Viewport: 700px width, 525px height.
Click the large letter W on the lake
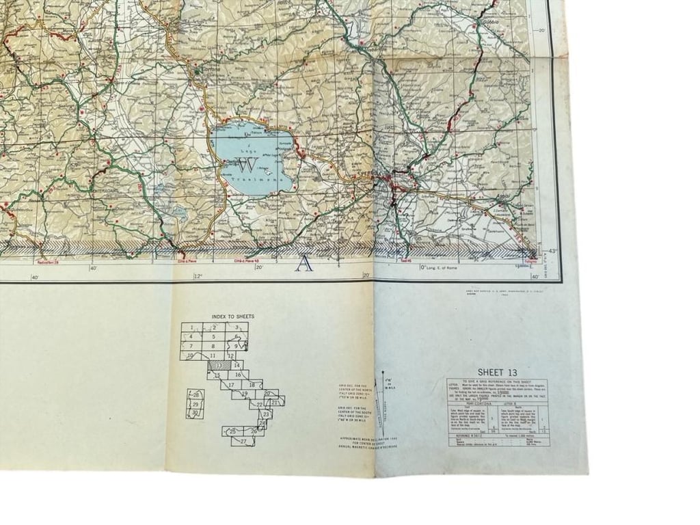click(247, 165)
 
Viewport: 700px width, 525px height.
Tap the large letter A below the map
click(304, 263)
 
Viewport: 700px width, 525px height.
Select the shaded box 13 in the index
click(218, 366)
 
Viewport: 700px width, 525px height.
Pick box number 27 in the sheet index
click(243, 442)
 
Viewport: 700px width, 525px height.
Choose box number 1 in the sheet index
click(192, 327)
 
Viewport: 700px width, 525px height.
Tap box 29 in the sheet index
click(196, 404)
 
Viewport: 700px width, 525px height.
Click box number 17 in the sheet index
click(231, 385)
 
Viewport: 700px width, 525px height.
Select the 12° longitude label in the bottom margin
click(198, 276)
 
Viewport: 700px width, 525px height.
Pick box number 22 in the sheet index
click(259, 405)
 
